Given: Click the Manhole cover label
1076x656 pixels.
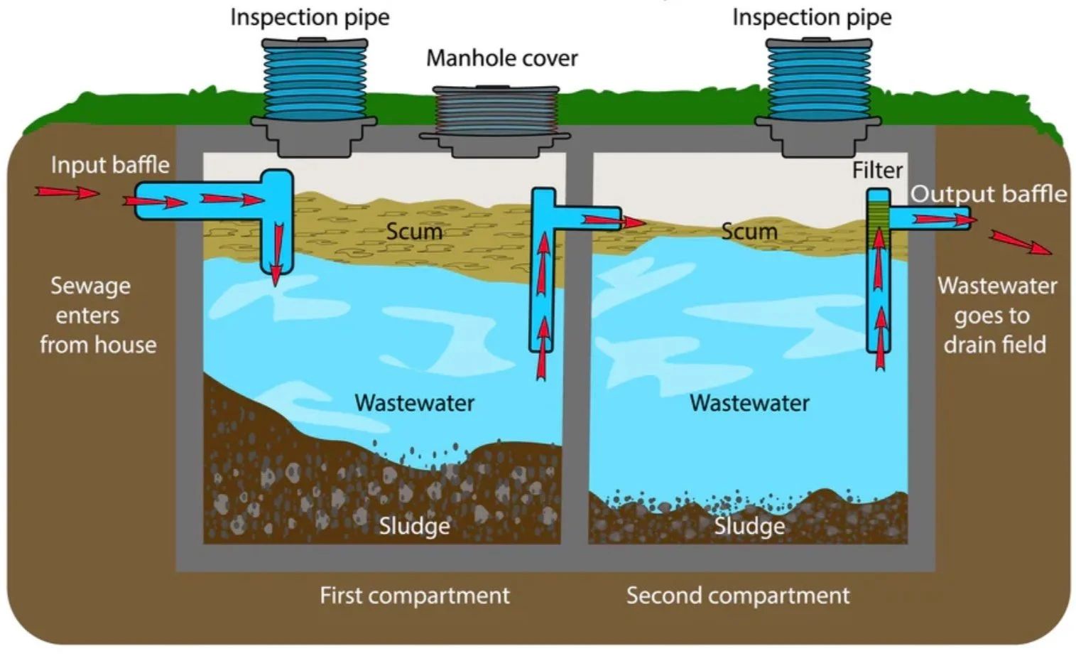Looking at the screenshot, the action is (502, 58).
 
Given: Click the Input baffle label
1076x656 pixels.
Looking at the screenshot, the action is (110, 166).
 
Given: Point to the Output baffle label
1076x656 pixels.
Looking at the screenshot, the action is (989, 194).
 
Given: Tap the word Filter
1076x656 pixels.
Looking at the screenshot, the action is (877, 171).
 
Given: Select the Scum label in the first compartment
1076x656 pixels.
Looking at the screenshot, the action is (414, 232).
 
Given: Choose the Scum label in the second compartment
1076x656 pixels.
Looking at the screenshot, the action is (749, 232).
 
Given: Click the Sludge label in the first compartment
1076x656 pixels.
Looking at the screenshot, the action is (415, 526).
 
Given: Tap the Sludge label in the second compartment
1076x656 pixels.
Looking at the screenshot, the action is (750, 526).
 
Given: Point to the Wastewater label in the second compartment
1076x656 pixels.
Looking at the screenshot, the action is (749, 403).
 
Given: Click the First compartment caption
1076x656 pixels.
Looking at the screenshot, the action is (415, 596).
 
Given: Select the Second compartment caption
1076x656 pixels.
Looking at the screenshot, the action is (738, 596).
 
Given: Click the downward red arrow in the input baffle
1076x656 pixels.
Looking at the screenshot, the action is (277, 254).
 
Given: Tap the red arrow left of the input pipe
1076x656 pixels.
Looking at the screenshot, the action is (67, 193).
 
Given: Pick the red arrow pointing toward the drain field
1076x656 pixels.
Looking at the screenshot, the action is (1021, 242).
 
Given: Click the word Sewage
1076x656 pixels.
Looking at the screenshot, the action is (90, 286).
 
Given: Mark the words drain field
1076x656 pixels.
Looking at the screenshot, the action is (995, 345).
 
